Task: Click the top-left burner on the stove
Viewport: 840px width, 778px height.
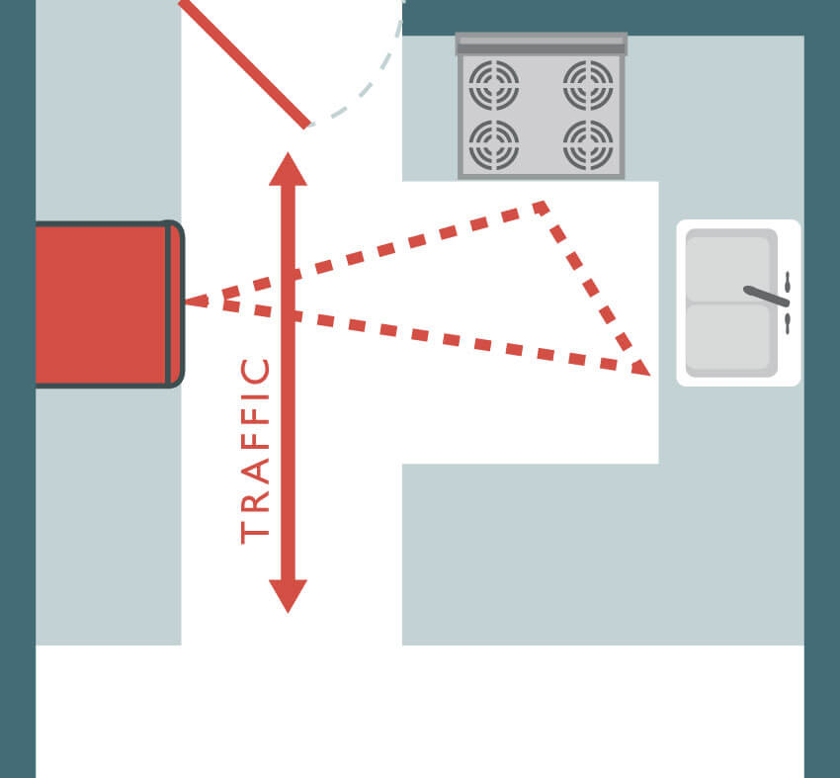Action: (493, 85)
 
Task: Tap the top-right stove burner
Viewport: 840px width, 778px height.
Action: (588, 85)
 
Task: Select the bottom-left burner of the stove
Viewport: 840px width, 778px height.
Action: (493, 144)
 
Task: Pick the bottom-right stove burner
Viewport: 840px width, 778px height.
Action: (588, 144)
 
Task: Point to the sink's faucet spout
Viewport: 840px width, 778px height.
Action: (766, 297)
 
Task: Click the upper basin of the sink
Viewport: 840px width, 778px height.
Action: (728, 269)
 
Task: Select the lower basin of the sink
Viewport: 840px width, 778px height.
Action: (728, 336)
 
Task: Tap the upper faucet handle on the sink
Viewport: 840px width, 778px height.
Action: (788, 283)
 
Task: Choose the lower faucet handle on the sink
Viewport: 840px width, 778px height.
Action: (788, 323)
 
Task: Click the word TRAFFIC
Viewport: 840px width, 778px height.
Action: (255, 451)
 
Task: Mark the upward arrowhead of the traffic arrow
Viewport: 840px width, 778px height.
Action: (289, 169)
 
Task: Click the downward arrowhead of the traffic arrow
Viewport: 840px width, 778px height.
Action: (289, 596)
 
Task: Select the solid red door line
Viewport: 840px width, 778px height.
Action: (244, 64)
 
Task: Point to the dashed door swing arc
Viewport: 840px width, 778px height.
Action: (370, 75)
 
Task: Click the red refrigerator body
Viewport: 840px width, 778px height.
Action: (101, 303)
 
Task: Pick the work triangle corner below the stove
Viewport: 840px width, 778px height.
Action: (543, 206)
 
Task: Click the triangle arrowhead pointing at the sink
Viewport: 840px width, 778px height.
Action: (640, 368)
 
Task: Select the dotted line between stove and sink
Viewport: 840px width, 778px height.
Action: (589, 286)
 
